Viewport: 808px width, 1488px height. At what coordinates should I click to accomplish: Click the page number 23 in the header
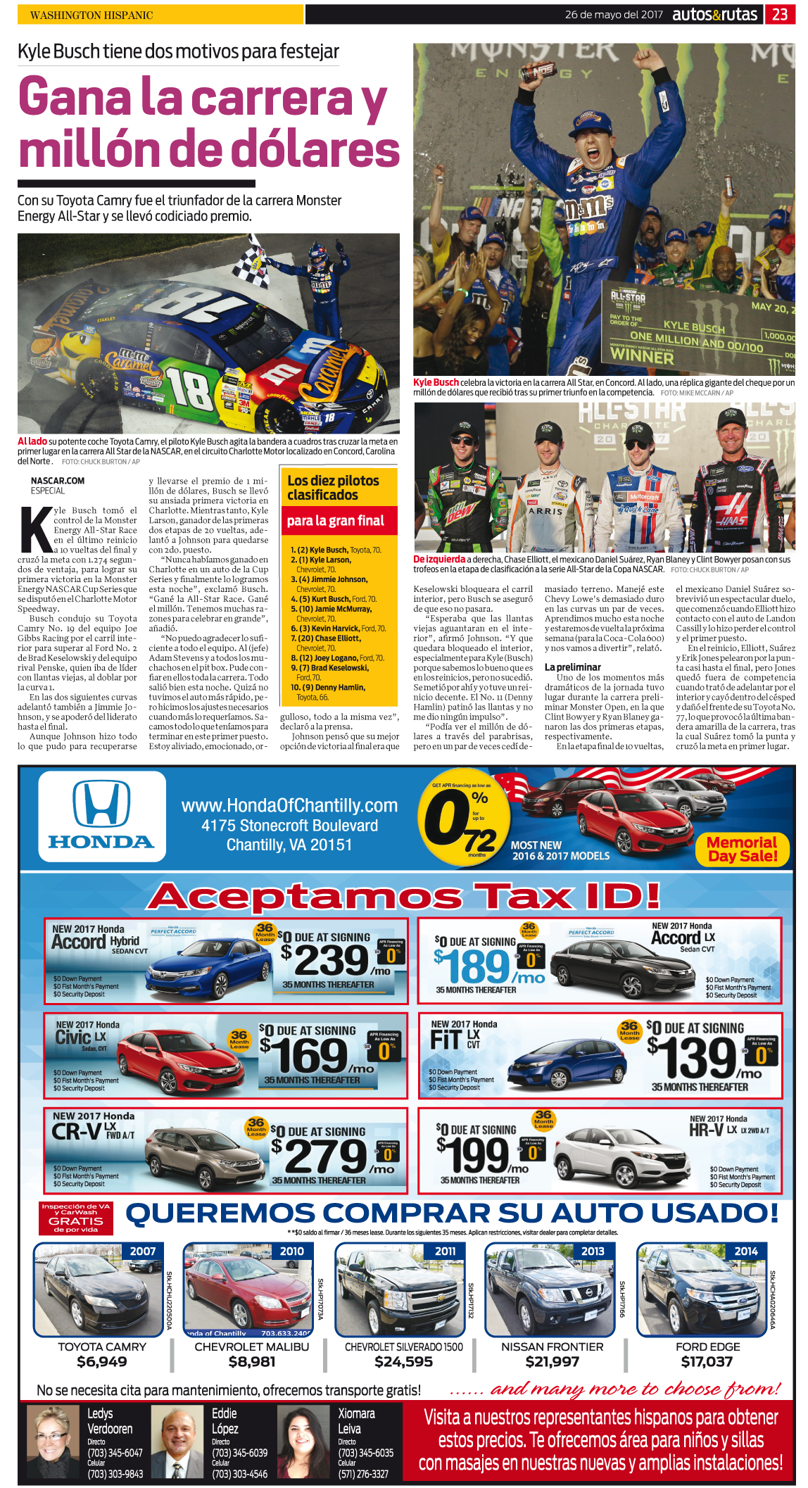pos(780,14)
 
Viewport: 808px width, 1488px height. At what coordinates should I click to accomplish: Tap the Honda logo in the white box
pos(101,816)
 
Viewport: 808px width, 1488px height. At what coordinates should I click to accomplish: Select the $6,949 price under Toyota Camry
pos(102,1361)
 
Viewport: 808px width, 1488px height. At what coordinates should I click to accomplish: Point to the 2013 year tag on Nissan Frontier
pos(593,1251)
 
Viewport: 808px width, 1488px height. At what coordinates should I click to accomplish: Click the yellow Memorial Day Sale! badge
pos(742,849)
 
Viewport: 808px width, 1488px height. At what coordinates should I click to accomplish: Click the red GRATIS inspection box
pos(76,1218)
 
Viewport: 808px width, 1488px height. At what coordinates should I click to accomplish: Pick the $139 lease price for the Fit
pos(697,1057)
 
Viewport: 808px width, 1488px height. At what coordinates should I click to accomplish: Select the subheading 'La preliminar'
pos(572,667)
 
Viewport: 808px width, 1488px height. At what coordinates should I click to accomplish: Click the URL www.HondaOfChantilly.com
pos(289,805)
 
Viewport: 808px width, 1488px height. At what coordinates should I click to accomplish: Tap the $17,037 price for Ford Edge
pos(707,1361)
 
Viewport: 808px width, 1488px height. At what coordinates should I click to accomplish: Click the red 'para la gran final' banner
pos(335,521)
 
